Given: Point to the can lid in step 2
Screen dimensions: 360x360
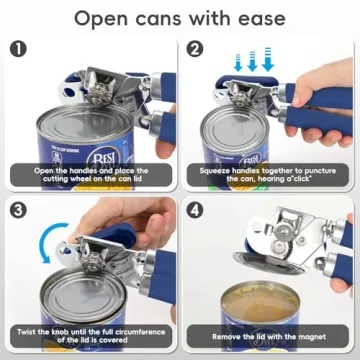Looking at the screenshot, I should (x=236, y=125).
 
